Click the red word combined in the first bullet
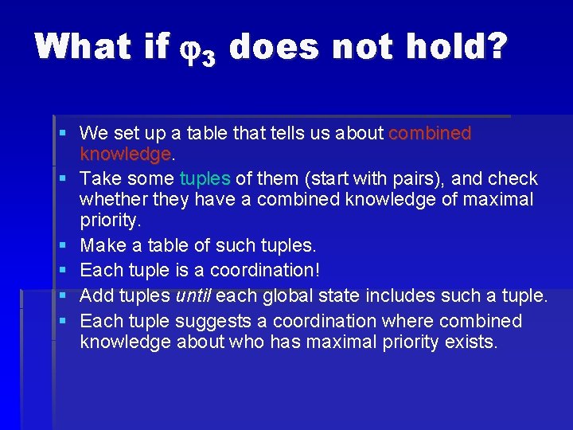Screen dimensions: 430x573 (430, 134)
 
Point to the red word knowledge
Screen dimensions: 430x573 (125, 153)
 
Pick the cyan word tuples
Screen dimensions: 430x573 (205, 178)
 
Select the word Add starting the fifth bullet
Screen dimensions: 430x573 (97, 296)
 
